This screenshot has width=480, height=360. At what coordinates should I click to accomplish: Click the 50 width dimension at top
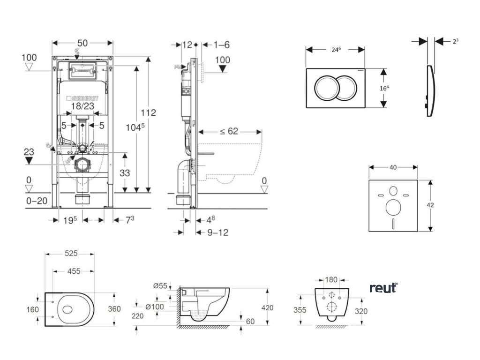pyautogui.click(x=82, y=43)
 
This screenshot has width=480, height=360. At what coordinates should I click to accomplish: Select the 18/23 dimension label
pyautogui.click(x=83, y=106)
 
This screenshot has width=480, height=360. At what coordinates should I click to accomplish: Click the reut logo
pyautogui.click(x=383, y=288)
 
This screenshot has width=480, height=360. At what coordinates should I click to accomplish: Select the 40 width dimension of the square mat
pyautogui.click(x=393, y=167)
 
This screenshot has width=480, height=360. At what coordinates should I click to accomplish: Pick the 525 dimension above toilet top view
pyautogui.click(x=70, y=254)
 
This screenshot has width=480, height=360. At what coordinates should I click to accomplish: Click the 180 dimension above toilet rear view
pyautogui.click(x=331, y=280)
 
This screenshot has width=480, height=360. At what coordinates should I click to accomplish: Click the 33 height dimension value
pyautogui.click(x=124, y=173)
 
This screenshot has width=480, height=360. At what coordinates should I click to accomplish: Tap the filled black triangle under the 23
pyautogui.click(x=29, y=161)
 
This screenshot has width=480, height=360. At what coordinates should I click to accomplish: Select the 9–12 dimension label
pyautogui.click(x=217, y=232)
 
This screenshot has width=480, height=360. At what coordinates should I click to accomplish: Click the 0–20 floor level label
pyautogui.click(x=37, y=201)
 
